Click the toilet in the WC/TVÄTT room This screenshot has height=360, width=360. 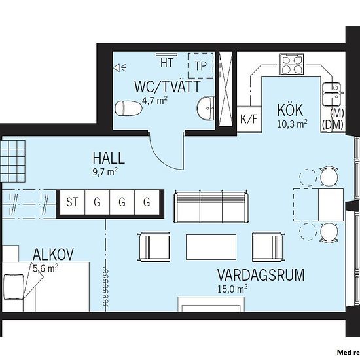pyautogui.click(x=128, y=109)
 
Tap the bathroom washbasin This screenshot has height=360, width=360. pyautogui.click(x=206, y=108)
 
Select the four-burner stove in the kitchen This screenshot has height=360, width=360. pyautogui.click(x=291, y=64)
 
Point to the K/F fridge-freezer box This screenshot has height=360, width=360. pyautogui.click(x=249, y=119)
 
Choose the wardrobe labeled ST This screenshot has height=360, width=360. pyautogui.click(x=72, y=202)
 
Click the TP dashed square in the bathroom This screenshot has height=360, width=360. pyautogui.click(x=201, y=65)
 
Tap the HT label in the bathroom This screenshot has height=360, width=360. pyautogui.click(x=167, y=63)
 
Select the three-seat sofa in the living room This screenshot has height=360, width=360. pyautogui.click(x=211, y=206)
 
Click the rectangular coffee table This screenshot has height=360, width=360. pyautogui.click(x=211, y=247)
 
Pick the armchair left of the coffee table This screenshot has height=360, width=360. pyautogui.click(x=154, y=247)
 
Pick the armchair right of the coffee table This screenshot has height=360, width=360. pyautogui.click(x=268, y=247)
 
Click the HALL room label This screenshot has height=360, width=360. pyautogui.click(x=109, y=158)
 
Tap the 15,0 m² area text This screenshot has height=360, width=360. pyautogui.click(x=232, y=289)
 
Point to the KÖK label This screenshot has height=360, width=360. pyautogui.click(x=290, y=111)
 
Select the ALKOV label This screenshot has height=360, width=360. pyautogui.click(x=53, y=254)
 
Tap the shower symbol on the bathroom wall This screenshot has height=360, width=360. pyautogui.click(x=119, y=67)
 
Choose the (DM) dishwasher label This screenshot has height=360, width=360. pyautogui.click(x=333, y=126)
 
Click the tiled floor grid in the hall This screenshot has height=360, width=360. pyautogui.click(x=13, y=161)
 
